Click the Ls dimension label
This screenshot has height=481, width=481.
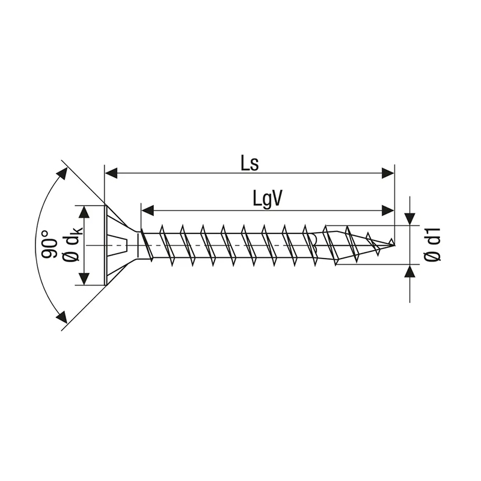[250, 164]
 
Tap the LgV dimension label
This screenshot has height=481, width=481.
[267, 200]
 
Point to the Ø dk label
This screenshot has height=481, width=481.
[73, 245]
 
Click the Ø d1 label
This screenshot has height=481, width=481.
[432, 245]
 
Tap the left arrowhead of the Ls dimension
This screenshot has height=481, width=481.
[111, 173]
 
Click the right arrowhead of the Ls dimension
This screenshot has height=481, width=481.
[388, 173]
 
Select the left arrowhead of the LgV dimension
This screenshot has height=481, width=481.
[147, 211]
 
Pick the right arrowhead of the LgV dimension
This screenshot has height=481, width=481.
[388, 211]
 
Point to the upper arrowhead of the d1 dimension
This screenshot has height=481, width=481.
[410, 219]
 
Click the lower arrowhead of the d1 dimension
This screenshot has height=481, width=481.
[410, 271]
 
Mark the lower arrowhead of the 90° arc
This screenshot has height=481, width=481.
[63, 317]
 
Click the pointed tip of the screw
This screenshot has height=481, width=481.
[394, 245]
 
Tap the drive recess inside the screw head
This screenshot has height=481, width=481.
[118, 245]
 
